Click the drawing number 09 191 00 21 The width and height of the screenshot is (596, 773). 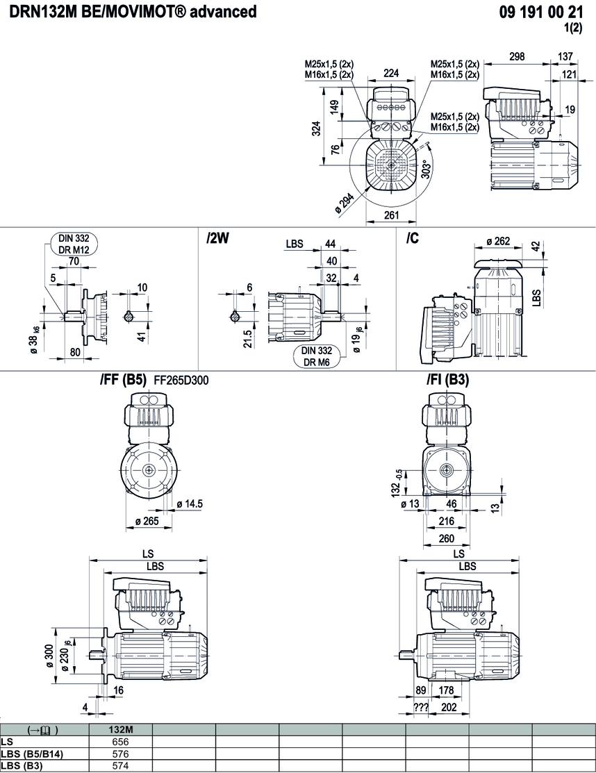[541, 12]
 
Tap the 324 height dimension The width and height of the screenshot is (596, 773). [316, 128]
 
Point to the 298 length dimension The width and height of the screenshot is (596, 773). [516, 57]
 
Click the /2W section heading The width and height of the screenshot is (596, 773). [217, 238]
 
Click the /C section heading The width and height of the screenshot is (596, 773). [413, 238]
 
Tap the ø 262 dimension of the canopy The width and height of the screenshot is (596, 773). [498, 242]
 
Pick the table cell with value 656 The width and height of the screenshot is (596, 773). [122, 741]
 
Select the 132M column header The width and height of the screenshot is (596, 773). [122, 729]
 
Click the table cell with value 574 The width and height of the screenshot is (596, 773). [122, 765]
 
